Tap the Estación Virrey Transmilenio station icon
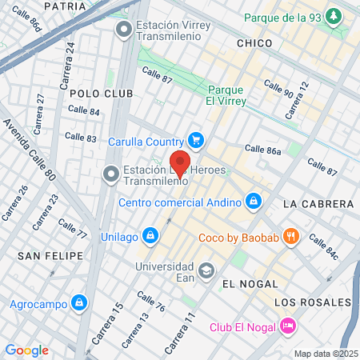pos(123,31)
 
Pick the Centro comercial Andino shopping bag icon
pos(253,200)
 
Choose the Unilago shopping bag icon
pos(149,235)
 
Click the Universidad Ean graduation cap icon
pos(207,270)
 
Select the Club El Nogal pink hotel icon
pos(288,326)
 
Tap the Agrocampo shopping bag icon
pos(78,303)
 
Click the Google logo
pos(26,350)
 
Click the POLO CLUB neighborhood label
pos(96,94)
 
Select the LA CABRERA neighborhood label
pos(313,205)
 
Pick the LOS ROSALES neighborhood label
pos(312,302)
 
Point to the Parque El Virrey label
pos(225,95)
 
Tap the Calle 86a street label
pos(263,150)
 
